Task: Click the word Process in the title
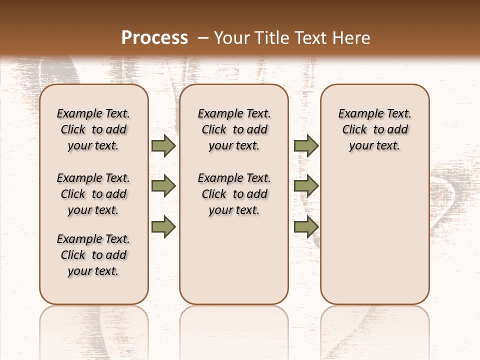(154, 37)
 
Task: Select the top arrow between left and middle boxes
(163, 145)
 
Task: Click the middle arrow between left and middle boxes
(163, 186)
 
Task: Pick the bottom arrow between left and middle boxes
(163, 227)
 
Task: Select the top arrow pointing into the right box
(306, 145)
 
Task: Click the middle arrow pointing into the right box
(306, 186)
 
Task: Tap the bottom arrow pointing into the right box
(306, 227)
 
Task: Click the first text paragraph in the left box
(93, 129)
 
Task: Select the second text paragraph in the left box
(93, 194)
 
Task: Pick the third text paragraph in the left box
(93, 255)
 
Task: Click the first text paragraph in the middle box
(234, 129)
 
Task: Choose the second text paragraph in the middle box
(234, 194)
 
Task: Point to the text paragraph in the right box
(374, 129)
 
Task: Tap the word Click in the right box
(354, 130)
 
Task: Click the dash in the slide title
(203, 37)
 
